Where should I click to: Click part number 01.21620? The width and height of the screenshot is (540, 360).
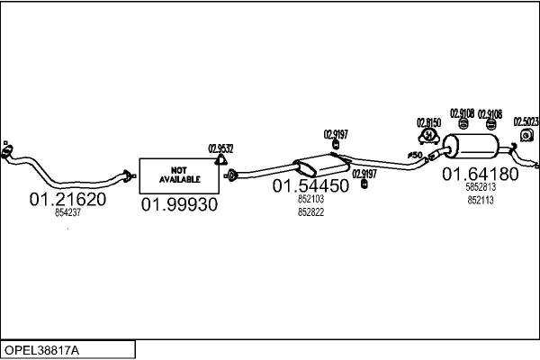point(67,199)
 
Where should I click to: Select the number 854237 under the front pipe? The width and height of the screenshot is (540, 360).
point(67,213)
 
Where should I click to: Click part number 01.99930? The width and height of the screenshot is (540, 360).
point(179,204)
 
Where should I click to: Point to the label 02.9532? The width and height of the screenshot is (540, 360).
point(220,149)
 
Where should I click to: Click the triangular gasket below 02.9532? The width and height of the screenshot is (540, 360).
point(220,161)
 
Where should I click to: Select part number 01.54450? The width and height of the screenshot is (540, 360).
point(310,186)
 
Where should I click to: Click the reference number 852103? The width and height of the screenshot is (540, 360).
point(310,200)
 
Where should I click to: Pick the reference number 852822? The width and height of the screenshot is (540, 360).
point(310,212)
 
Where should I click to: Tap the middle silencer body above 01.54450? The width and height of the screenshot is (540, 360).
point(319,166)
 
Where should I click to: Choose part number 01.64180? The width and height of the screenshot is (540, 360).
point(479,175)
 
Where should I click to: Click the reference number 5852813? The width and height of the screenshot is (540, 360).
point(480,188)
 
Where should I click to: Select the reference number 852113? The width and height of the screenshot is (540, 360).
point(480,201)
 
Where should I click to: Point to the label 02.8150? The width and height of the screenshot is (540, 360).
point(427,122)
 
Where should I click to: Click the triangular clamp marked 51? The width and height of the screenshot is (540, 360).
point(428,137)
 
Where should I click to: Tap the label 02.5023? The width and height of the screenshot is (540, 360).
point(526,121)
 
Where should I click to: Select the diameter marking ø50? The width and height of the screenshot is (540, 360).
point(415,156)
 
